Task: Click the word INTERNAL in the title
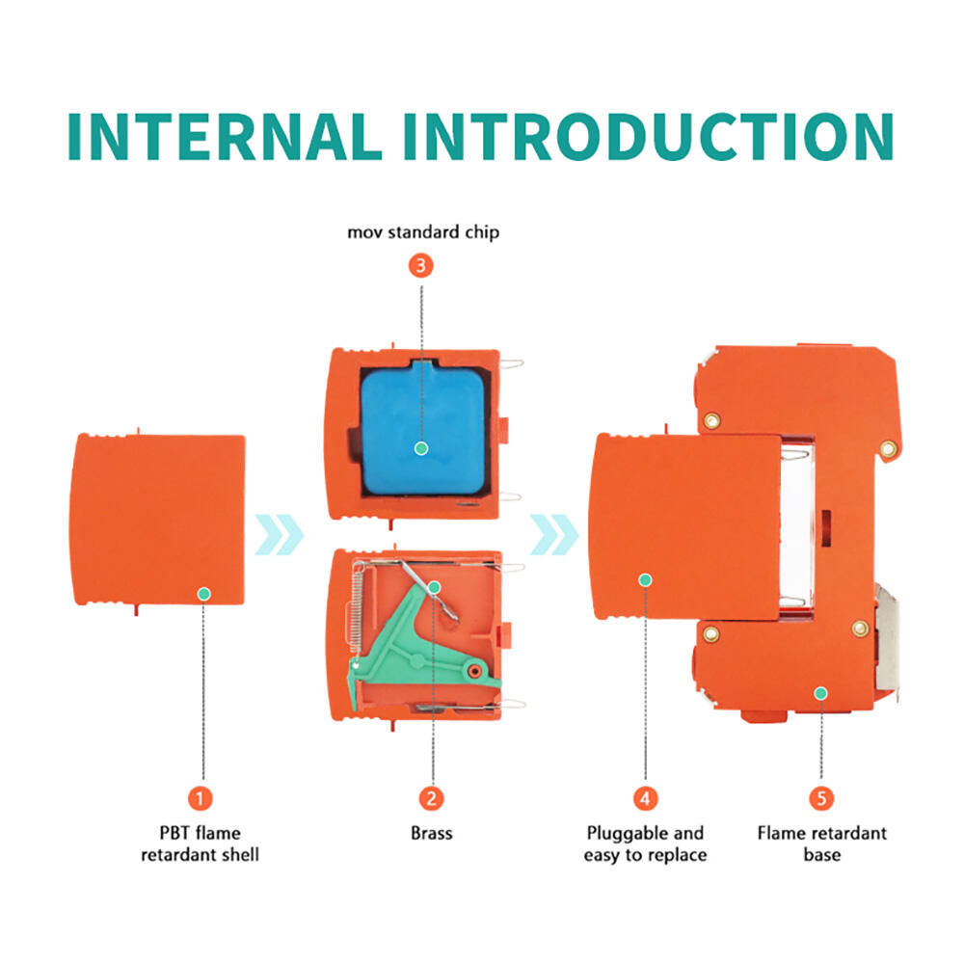tap(225, 137)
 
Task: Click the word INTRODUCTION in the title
tap(649, 137)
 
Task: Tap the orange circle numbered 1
tap(200, 798)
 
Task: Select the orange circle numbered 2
tap(432, 798)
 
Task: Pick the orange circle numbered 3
tap(421, 266)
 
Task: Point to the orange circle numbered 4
tap(646, 798)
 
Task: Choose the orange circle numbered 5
tap(821, 798)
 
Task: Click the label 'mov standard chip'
tap(423, 232)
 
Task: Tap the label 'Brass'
tap(432, 833)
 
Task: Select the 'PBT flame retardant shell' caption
tap(200, 843)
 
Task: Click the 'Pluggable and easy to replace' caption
tap(646, 843)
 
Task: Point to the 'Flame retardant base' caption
tap(822, 843)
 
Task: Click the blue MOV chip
tap(422, 429)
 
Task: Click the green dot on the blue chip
tap(421, 448)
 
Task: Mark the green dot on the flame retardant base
tap(821, 693)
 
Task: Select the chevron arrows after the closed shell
tap(280, 534)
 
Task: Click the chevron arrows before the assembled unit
tap(554, 534)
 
